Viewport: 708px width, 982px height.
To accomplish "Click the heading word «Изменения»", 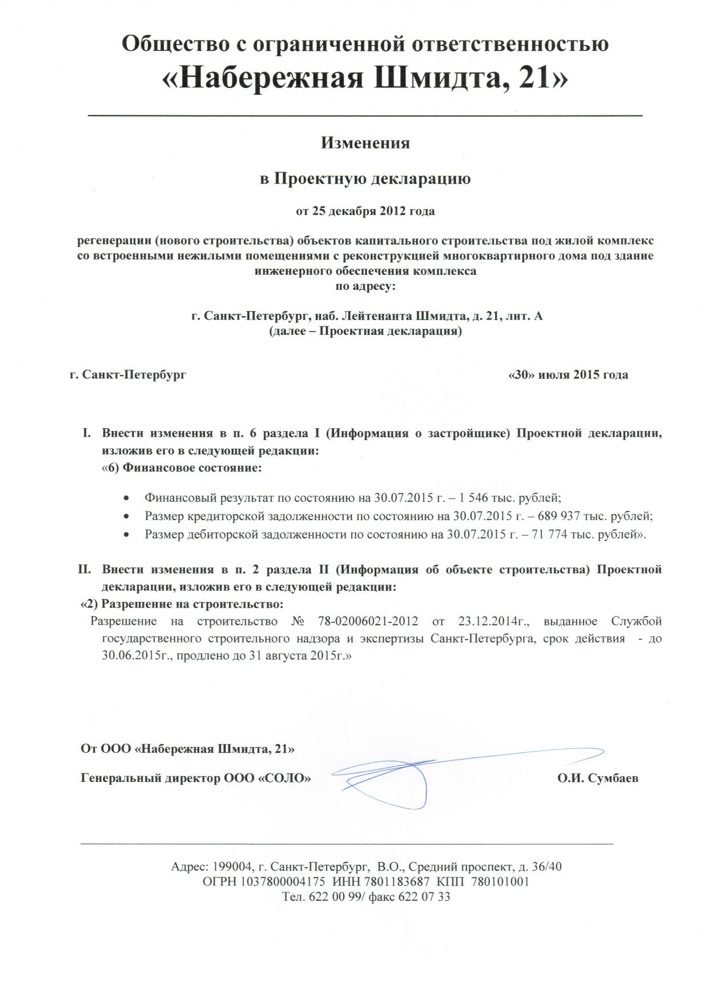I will [365, 142].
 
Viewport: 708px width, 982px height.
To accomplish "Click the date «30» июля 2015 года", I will [568, 375].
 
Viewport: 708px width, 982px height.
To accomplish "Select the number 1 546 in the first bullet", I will [472, 497].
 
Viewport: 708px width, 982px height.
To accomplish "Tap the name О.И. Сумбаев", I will [598, 778].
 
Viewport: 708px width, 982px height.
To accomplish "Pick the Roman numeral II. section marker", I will [85, 570].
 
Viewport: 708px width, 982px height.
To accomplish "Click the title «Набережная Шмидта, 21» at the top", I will [365, 78].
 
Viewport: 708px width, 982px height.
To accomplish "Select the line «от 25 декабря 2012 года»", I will [365, 211].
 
